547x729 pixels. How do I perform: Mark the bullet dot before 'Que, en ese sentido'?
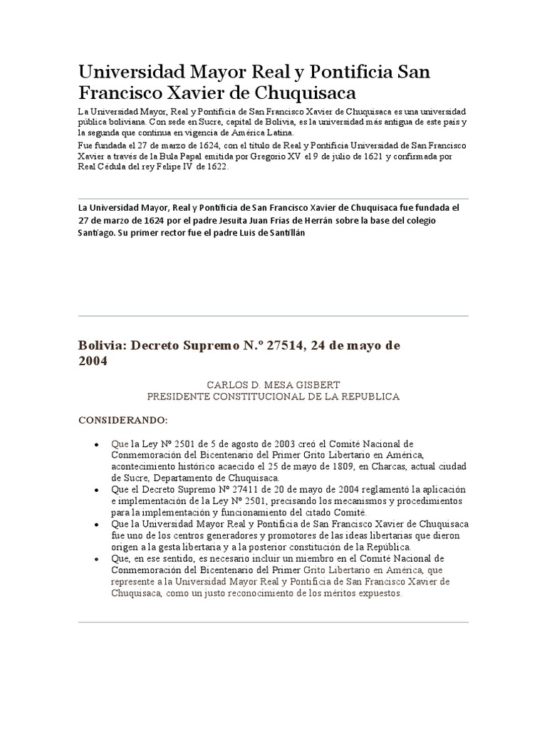pos(96,560)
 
